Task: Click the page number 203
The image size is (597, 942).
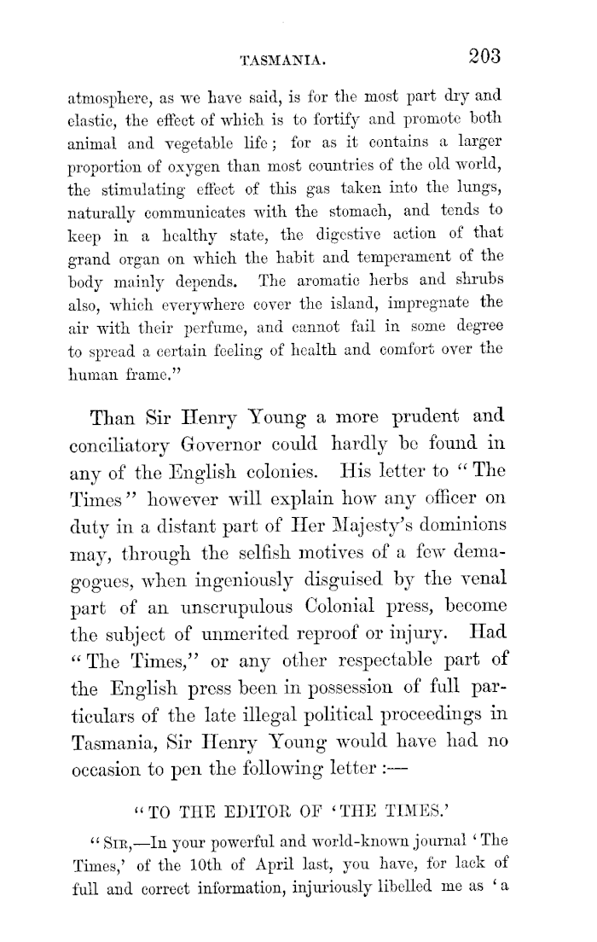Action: (x=480, y=57)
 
